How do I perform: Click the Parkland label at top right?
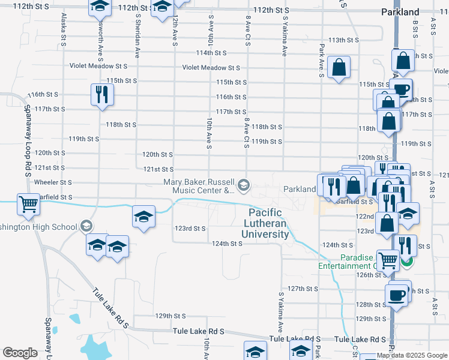tap(400, 12)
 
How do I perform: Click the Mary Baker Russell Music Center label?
tap(199, 186)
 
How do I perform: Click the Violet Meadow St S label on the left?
tap(98, 66)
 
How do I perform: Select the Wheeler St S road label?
tap(53, 182)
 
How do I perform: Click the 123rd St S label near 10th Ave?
tap(190, 229)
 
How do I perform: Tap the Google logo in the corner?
tap(20, 352)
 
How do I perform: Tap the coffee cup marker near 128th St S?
tap(396, 295)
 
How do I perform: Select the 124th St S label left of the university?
tap(227, 244)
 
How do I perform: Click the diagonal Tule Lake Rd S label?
tap(112, 308)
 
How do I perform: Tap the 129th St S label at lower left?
tap(170, 316)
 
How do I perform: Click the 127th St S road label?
tap(303, 289)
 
